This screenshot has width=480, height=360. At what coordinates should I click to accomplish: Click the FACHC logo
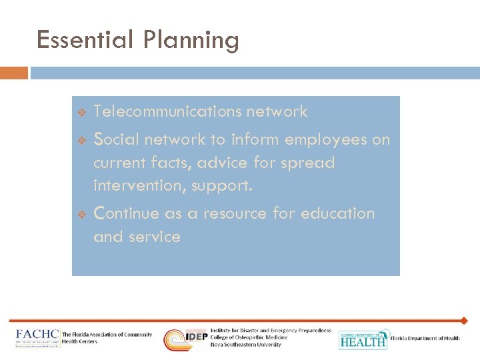[37, 338]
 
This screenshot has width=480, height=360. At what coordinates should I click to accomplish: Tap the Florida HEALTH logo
[363, 339]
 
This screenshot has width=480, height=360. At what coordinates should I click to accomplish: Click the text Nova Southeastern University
[245, 345]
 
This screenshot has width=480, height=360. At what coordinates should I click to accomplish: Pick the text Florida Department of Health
[425, 338]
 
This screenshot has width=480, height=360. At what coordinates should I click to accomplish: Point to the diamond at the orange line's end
[464, 321]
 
